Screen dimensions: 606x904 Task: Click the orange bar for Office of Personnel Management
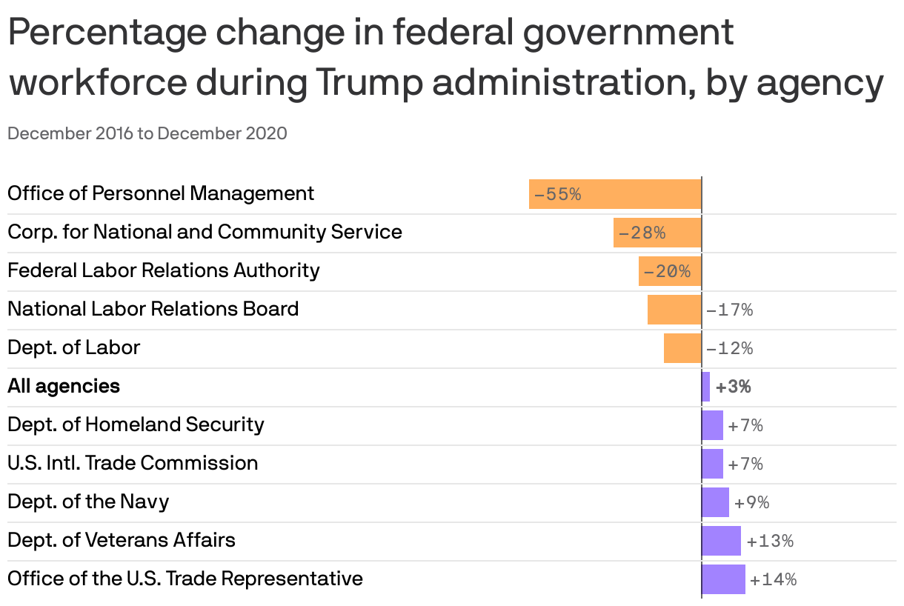(x=615, y=194)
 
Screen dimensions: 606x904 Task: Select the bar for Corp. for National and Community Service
(x=657, y=233)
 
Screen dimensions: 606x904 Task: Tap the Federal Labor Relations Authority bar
(x=669, y=271)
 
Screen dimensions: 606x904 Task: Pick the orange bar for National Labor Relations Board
(x=674, y=310)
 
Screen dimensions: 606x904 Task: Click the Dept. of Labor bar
(x=682, y=348)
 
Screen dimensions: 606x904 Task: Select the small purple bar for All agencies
(x=706, y=387)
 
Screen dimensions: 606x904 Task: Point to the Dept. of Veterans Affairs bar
(x=722, y=541)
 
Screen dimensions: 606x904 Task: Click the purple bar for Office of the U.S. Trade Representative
(x=724, y=579)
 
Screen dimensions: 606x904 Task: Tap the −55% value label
(x=557, y=195)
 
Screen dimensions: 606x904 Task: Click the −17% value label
(x=730, y=310)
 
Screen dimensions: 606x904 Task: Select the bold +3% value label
(x=734, y=387)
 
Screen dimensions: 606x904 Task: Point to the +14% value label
(x=774, y=580)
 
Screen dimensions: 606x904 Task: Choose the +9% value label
(x=752, y=503)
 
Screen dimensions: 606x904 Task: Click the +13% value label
(x=771, y=542)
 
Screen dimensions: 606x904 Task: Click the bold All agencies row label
(x=64, y=386)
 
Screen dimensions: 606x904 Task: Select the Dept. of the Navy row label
(x=88, y=502)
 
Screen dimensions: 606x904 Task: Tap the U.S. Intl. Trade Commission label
(x=133, y=463)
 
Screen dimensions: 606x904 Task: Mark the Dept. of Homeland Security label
(x=136, y=424)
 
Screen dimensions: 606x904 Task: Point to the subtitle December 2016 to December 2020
(x=147, y=134)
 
